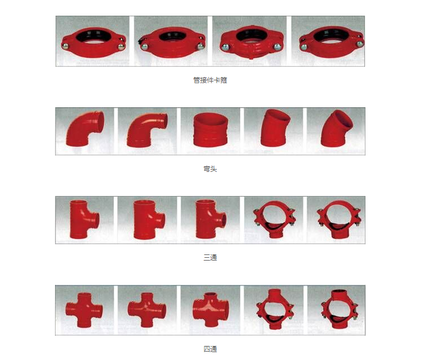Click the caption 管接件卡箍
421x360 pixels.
(210, 80)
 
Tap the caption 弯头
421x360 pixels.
(210, 168)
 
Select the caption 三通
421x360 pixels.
(210, 257)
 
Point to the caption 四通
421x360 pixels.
(210, 349)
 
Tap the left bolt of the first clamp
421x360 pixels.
(65, 46)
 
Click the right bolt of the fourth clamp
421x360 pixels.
(359, 44)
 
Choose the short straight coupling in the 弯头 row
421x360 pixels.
(210, 130)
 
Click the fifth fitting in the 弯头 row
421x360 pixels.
(336, 129)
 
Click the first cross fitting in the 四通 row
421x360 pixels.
(84, 310)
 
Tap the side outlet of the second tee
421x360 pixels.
(160, 220)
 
